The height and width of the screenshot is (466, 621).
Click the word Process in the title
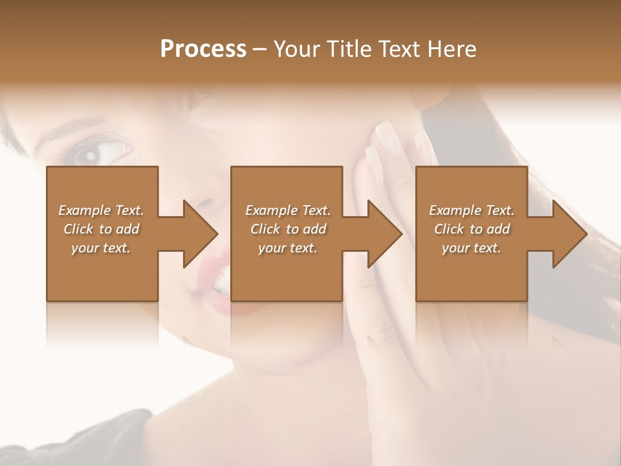click(x=203, y=49)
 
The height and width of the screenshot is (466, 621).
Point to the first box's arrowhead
click(x=197, y=234)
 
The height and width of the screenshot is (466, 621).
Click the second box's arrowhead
click(x=382, y=234)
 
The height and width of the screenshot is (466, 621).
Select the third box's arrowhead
click(x=566, y=234)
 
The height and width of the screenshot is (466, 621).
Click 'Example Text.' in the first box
click(x=102, y=210)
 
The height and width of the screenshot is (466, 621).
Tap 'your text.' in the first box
click(x=102, y=248)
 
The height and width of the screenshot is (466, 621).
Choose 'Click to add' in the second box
click(x=288, y=229)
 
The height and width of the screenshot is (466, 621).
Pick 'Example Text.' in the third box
click(x=472, y=210)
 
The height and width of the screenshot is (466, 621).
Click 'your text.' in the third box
click(x=472, y=248)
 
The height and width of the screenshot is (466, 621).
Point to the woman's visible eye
click(x=88, y=154)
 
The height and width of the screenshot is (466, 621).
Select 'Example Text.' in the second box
click(x=288, y=210)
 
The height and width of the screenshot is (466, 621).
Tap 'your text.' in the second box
click(x=288, y=248)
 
